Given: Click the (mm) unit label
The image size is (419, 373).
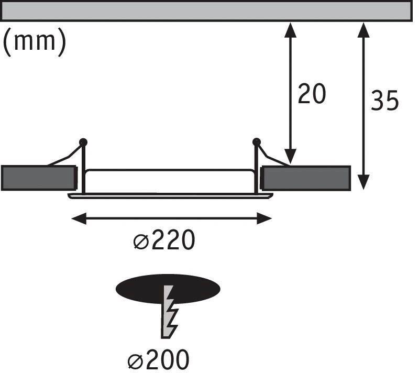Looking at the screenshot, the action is point(34,42).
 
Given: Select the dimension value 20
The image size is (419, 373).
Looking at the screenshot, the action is point(312,94).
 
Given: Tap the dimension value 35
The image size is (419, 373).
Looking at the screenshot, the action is point(385,101).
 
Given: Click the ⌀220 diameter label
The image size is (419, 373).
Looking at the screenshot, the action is point(164,239).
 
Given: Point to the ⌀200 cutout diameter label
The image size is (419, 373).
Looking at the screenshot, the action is point(159,359).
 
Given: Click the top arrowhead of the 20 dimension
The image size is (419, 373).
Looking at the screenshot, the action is point(290,30).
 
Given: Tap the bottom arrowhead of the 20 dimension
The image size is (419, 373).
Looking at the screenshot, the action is point(290,156).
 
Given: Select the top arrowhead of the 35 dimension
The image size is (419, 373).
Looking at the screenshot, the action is point(363,30).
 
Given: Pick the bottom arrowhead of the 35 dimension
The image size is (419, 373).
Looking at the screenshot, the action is point(363,182).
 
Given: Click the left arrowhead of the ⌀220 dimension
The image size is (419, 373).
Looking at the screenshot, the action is point(79,218).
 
